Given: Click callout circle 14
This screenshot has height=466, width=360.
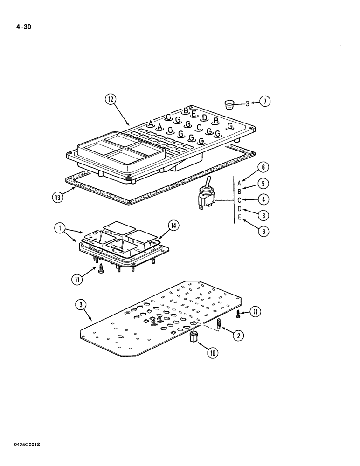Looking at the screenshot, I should tap(173, 226).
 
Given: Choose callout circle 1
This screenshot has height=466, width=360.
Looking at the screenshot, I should tap(59, 228).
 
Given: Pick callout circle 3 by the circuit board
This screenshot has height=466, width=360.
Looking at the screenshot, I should tap(82, 306).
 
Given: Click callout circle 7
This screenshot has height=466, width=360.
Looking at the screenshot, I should tap(264, 101).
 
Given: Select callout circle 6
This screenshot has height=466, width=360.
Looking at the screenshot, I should tap(264, 167).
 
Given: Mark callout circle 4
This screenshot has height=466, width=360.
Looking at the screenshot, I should tap(264, 199).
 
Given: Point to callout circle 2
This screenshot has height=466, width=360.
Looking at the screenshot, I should tap(239, 335).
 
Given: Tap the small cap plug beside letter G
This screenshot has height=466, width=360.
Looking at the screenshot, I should tap(229, 103).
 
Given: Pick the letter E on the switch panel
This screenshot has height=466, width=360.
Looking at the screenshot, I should tap(193, 114).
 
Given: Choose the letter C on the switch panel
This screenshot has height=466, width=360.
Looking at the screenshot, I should tap(199, 127).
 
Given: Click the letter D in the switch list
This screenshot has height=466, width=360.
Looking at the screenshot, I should tap(239, 210).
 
